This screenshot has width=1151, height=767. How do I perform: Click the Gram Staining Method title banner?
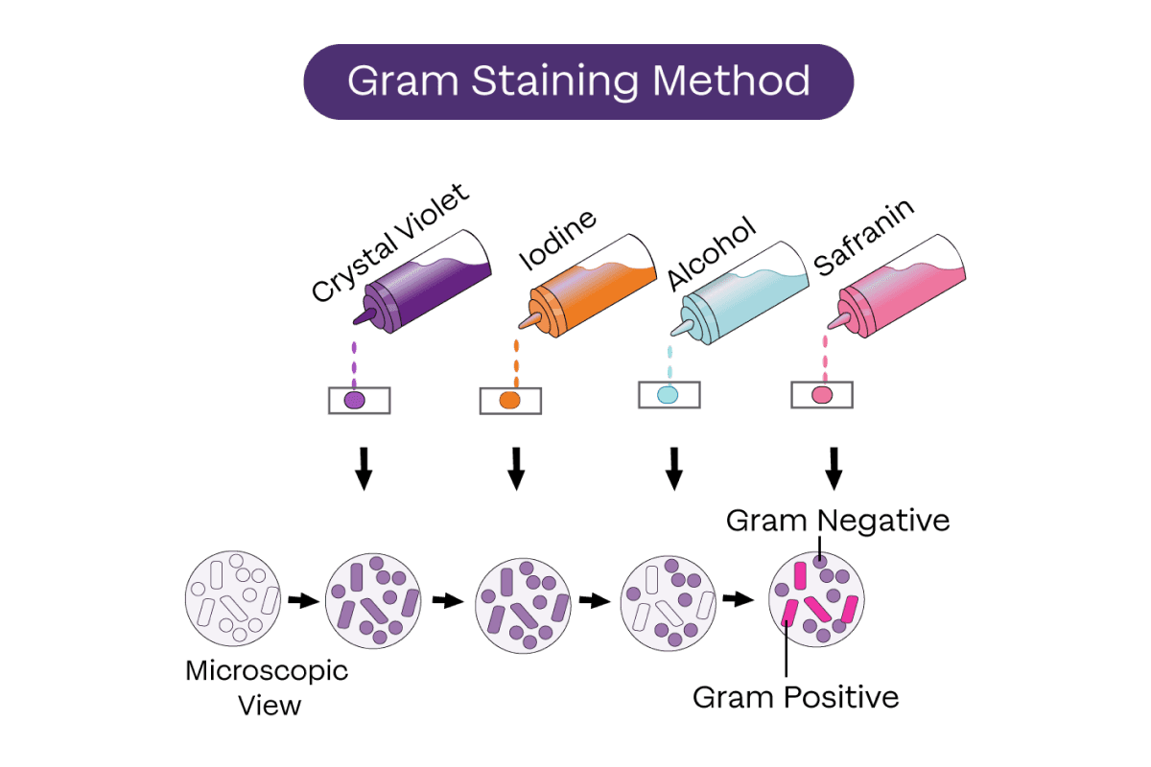[578, 81]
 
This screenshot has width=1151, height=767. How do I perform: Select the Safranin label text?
[863, 238]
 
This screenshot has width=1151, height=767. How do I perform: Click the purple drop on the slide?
[355, 400]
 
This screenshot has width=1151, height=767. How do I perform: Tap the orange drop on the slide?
[510, 400]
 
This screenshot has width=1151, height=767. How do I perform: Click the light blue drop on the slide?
[668, 394]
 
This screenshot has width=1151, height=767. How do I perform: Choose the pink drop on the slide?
[822, 395]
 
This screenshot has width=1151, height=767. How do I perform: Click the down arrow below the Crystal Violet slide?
[362, 468]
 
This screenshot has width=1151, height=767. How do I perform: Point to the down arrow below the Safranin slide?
[834, 468]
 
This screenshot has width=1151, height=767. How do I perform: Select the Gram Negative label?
[837, 521]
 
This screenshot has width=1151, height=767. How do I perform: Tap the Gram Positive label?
[796, 696]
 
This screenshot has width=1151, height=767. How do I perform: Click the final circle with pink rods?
[818, 600]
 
